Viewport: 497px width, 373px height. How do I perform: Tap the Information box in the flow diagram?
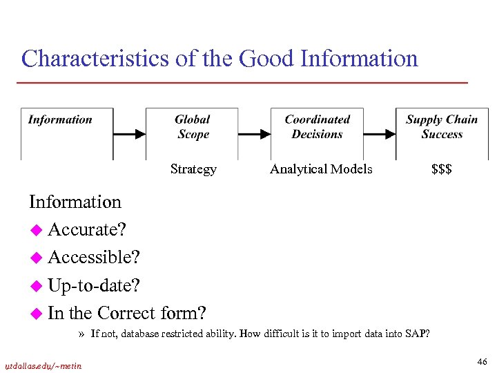coord(67,133)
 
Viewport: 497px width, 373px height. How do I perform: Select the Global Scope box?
coord(193,133)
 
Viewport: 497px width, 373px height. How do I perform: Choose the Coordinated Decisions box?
coord(317,133)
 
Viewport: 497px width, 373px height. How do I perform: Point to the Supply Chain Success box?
coord(442,133)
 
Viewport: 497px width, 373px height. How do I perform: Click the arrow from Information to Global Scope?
coord(130,133)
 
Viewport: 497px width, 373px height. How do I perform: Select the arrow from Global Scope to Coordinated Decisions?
coord(254,133)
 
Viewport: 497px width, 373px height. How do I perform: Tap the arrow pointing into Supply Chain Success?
coord(379,133)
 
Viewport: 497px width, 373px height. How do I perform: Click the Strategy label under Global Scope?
coord(193,169)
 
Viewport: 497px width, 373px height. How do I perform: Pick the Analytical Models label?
coord(321,169)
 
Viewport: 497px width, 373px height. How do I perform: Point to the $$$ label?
coord(442,169)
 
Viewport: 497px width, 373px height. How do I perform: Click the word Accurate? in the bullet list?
coord(87,229)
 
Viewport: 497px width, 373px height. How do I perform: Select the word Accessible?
coord(94,257)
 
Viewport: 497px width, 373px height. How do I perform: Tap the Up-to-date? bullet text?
coord(92,285)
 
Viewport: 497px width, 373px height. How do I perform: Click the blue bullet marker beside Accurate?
coord(36,230)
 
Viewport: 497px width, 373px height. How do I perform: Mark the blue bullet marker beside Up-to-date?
coord(36,285)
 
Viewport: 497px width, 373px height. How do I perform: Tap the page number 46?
coord(481,361)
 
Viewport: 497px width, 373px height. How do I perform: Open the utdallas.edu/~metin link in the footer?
coord(43,365)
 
